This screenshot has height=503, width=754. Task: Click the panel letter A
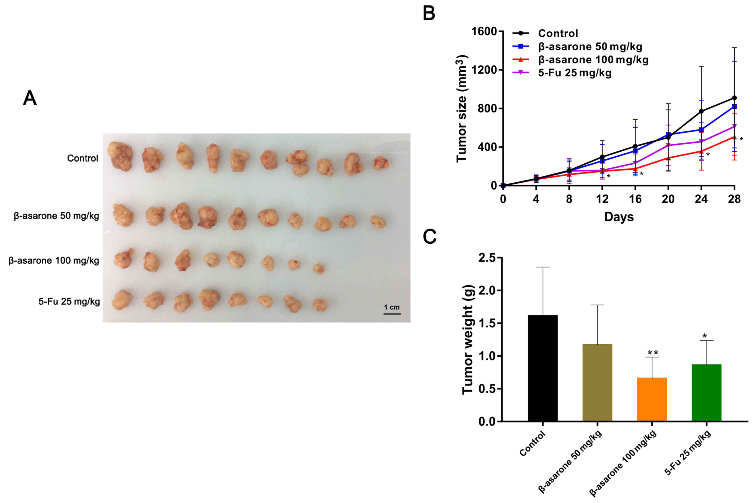click(x=30, y=98)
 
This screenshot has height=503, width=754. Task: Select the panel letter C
click(x=430, y=237)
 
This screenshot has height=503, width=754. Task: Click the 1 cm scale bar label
click(x=392, y=307)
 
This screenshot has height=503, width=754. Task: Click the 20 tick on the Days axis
click(x=668, y=199)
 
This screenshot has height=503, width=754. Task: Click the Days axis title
click(x=619, y=217)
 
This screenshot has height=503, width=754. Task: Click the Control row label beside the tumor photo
click(x=82, y=158)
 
